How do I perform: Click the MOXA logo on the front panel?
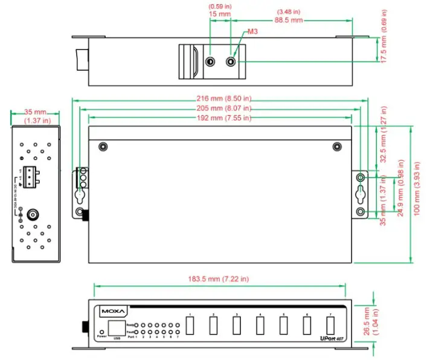pyautogui.click(x=113, y=312)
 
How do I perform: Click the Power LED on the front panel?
pyautogui.click(x=100, y=332)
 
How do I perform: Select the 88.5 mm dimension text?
pyautogui.click(x=289, y=20)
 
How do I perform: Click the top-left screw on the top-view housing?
pyautogui.click(x=103, y=147)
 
